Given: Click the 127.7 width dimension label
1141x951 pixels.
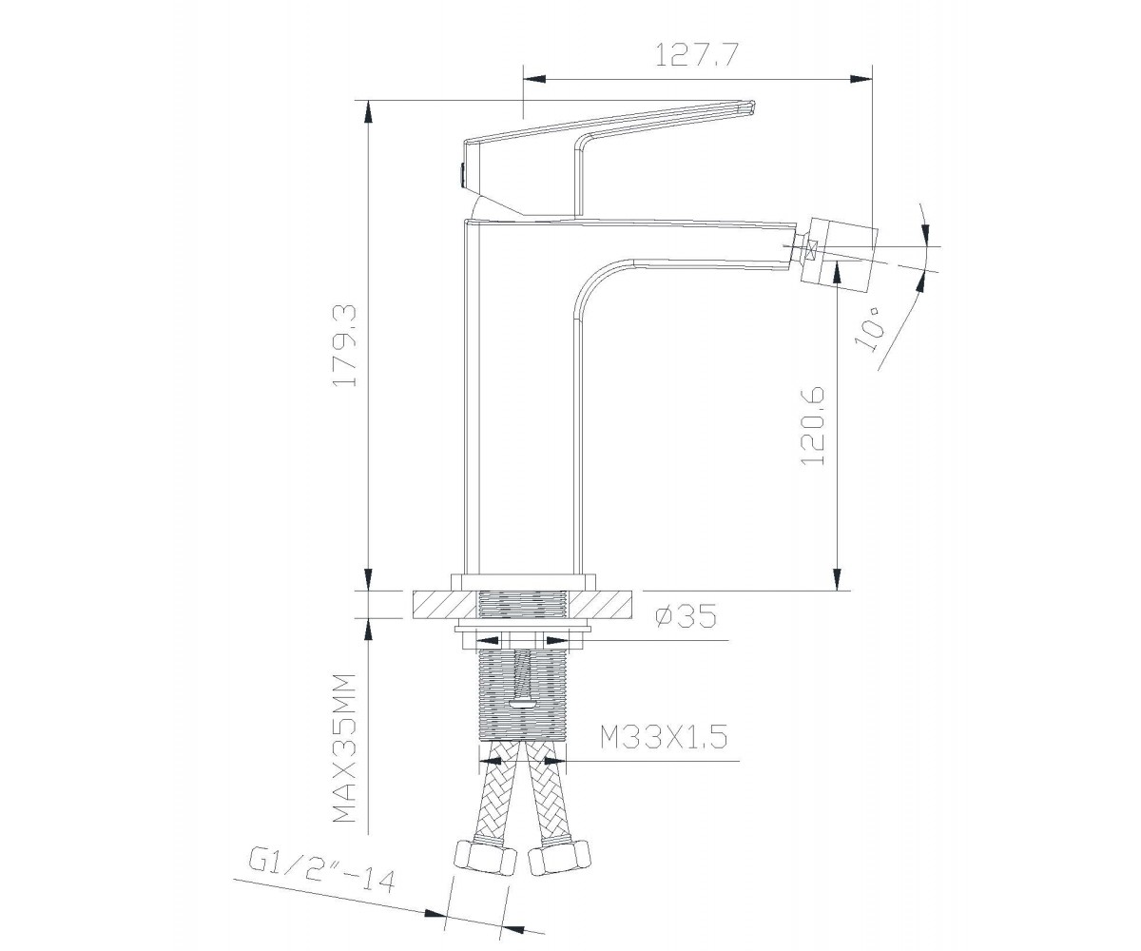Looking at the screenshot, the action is coord(696,54).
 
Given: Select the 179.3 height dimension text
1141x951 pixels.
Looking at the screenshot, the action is coord(345,345).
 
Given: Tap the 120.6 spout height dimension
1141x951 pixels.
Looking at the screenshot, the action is coord(812,426).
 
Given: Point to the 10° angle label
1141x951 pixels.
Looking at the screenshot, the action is coord(869,328).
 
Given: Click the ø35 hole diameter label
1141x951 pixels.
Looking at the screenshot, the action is coord(686,616).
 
